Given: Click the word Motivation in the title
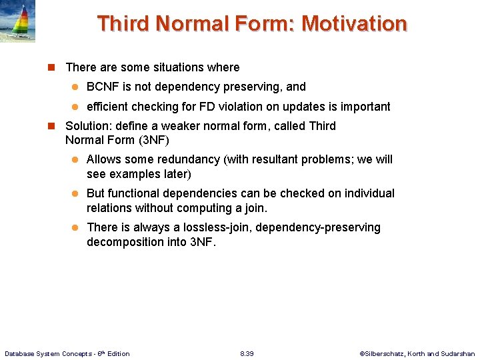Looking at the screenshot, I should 354,24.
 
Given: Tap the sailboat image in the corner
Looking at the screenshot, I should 18,21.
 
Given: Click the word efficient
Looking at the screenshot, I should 110,107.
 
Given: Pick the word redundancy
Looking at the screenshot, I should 190,159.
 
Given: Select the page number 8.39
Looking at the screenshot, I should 247,353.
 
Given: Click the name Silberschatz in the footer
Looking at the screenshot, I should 383,353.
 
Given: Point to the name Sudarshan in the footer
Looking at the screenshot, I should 458,353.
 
